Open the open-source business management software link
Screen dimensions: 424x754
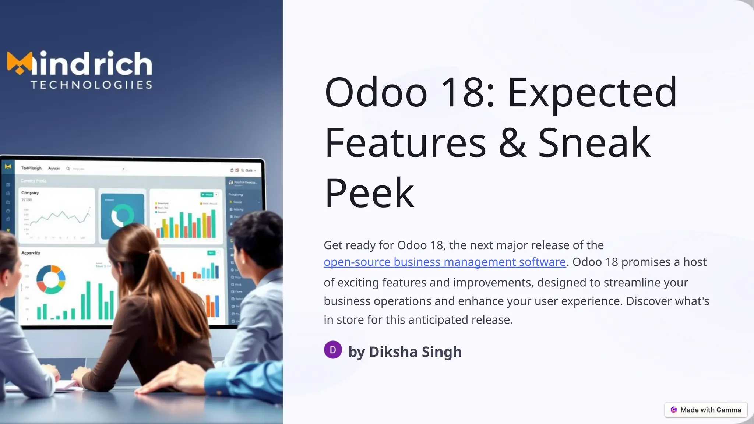(x=444, y=262)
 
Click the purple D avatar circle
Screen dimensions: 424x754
(x=333, y=350)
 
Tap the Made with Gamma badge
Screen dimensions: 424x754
(x=706, y=410)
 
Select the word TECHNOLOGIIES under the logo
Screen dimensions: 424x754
(x=91, y=85)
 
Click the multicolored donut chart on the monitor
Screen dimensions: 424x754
(x=51, y=279)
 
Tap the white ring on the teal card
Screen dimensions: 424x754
(x=123, y=215)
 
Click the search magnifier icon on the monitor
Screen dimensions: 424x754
(x=68, y=169)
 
